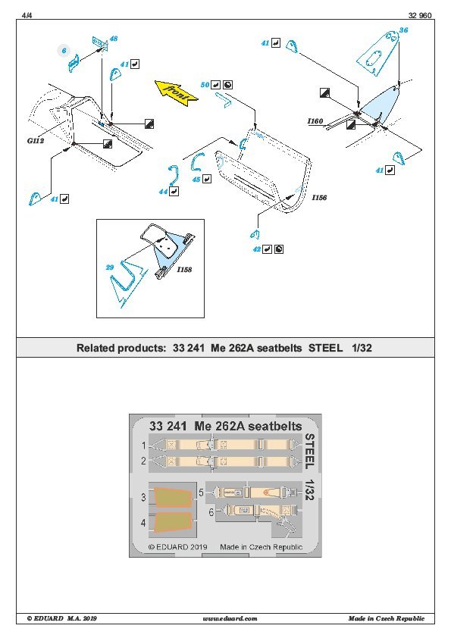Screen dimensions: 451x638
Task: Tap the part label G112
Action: [x=36, y=141]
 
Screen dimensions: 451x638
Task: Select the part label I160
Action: [x=315, y=120]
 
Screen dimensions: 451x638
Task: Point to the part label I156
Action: [x=319, y=197]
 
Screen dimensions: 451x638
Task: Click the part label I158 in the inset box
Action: [x=184, y=269]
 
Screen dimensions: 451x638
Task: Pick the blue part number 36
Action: [x=403, y=30]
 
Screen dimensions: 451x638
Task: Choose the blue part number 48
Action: [x=114, y=39]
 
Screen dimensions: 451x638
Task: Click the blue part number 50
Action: [x=205, y=85]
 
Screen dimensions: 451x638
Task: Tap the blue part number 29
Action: [x=109, y=267]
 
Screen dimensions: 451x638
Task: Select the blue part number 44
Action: [x=164, y=191]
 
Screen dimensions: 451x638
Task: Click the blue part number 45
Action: [x=196, y=179]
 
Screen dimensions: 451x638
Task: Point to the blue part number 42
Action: [x=257, y=249]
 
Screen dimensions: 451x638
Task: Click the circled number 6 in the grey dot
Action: [x=64, y=51]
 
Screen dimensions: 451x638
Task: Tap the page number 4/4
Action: [x=27, y=15]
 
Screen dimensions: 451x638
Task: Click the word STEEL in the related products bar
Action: [x=326, y=348]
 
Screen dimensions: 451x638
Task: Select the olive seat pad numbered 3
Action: [x=172, y=497]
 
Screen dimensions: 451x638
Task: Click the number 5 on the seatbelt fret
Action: [x=201, y=493]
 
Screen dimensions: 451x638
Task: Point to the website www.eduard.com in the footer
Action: [x=230, y=618]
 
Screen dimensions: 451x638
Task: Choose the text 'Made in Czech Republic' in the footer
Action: [x=387, y=618]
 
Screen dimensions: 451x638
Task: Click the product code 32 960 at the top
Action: [x=420, y=15]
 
